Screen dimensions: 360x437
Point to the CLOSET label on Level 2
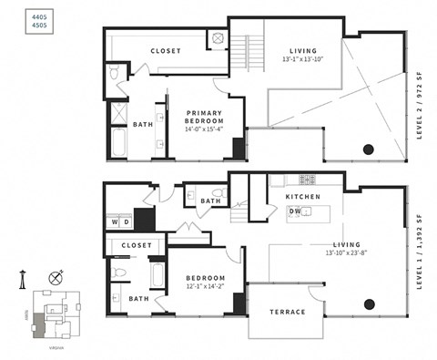coord(166,51)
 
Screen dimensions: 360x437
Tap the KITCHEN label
coord(302,197)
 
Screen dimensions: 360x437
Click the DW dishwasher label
coord(295,211)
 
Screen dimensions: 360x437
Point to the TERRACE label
coord(287,313)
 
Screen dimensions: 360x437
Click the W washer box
coord(115,221)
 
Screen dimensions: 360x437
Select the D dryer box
coord(127,221)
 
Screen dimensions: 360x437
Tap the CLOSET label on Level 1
coord(137,245)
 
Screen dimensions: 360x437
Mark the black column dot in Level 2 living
coord(369,149)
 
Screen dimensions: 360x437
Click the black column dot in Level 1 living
coord(369,304)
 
